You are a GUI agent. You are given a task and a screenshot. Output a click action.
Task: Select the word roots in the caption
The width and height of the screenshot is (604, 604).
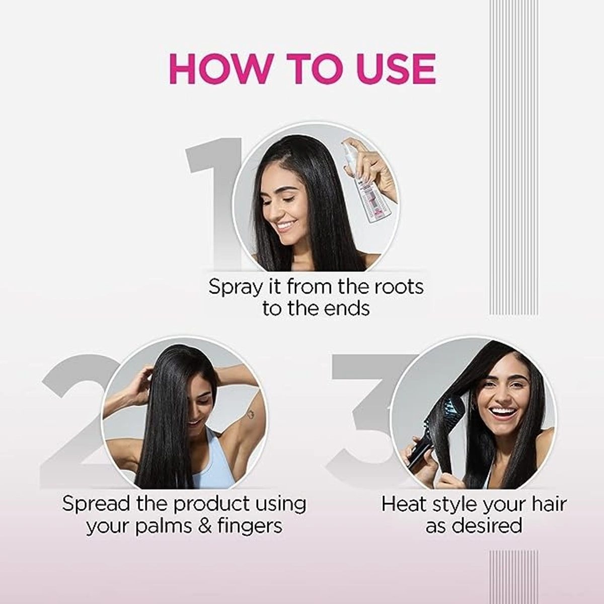[398, 287]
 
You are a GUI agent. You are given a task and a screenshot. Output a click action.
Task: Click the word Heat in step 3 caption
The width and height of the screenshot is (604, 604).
[401, 504]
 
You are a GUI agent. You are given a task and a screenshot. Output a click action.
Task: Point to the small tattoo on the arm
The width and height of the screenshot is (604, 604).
[248, 415]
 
